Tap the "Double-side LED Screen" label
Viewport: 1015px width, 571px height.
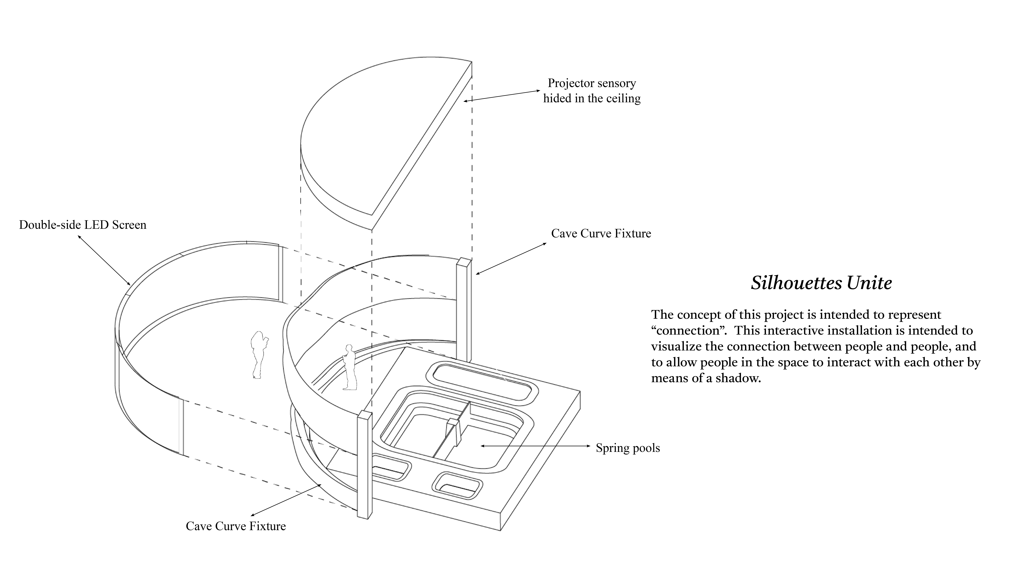click(x=83, y=225)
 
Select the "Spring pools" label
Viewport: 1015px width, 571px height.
click(x=628, y=448)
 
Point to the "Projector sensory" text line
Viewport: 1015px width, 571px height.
click(x=592, y=83)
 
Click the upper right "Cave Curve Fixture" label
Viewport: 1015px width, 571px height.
click(x=601, y=234)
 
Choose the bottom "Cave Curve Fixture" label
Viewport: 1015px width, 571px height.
click(x=236, y=526)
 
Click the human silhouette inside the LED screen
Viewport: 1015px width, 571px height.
click(x=259, y=355)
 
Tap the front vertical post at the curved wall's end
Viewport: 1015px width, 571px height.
click(x=364, y=465)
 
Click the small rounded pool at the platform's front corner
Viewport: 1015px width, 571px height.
click(x=457, y=486)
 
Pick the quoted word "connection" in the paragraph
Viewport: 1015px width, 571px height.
click(x=689, y=331)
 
